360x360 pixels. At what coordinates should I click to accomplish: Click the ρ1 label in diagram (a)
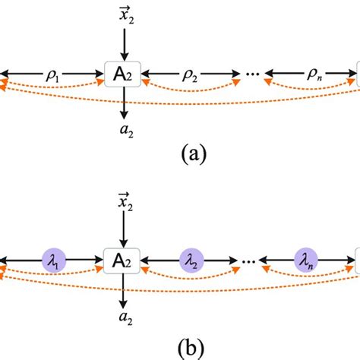54,74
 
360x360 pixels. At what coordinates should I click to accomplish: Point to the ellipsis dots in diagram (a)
253,75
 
